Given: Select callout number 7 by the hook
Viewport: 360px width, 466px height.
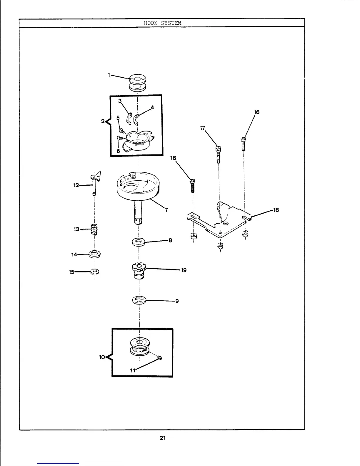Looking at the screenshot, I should click(166, 210).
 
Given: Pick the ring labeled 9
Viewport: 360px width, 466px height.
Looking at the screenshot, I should click(139, 301).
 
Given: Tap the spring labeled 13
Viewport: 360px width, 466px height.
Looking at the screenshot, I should click(94, 229).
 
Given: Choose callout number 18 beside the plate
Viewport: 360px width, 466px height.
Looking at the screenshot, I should click(276, 210).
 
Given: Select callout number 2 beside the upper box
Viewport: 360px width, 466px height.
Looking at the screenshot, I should click(103, 121).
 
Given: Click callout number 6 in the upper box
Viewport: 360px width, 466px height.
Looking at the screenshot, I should click(118, 151).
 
